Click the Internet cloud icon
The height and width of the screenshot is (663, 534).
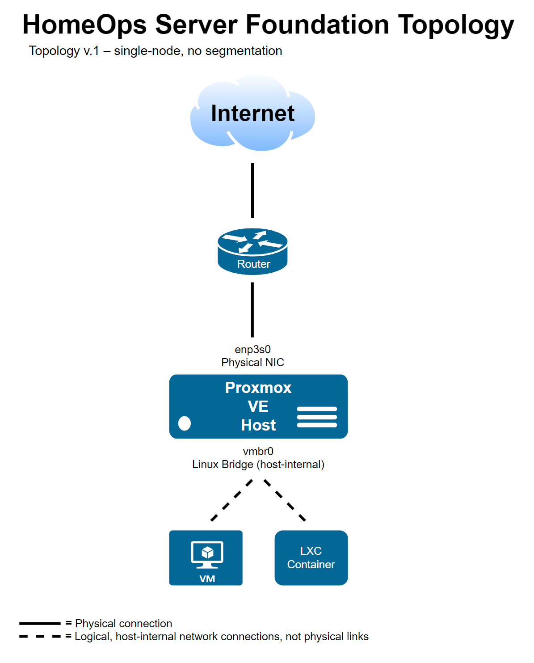tap(252, 114)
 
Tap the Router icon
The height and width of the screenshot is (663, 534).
tap(252, 251)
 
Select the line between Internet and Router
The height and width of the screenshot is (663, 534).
tap(252, 190)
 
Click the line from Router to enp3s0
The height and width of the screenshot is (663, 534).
tap(252, 309)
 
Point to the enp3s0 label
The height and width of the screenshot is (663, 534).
tap(252, 349)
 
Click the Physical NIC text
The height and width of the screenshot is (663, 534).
tap(252, 362)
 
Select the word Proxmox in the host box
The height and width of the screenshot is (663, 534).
tap(258, 388)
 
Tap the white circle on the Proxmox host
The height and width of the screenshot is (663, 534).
tap(185, 423)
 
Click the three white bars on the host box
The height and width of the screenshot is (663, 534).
tap(317, 417)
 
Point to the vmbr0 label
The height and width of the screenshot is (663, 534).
tap(258, 451)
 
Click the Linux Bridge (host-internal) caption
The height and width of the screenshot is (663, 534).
tap(258, 465)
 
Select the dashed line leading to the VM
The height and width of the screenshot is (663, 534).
tap(231, 500)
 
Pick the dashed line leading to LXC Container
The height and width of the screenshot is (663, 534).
tap(285, 500)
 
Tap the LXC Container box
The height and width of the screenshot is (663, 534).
tap(311, 557)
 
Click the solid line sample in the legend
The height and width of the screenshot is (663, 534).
tap(40, 623)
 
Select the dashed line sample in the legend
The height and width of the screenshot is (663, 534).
tap(40, 636)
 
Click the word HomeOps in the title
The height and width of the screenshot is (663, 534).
tap(84, 25)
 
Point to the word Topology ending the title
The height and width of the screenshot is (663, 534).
tap(456, 25)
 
